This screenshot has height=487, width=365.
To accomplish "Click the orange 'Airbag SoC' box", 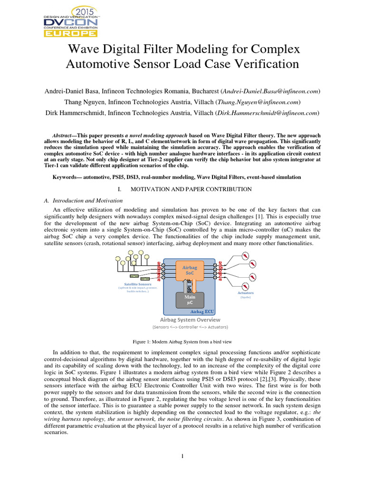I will [x=190, y=271].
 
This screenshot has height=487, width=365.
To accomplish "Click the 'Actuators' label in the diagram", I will [x=245, y=293].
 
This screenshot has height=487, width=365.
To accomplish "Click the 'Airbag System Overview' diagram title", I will [x=189, y=320].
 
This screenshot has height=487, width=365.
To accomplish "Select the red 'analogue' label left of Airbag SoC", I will [x=159, y=270].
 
